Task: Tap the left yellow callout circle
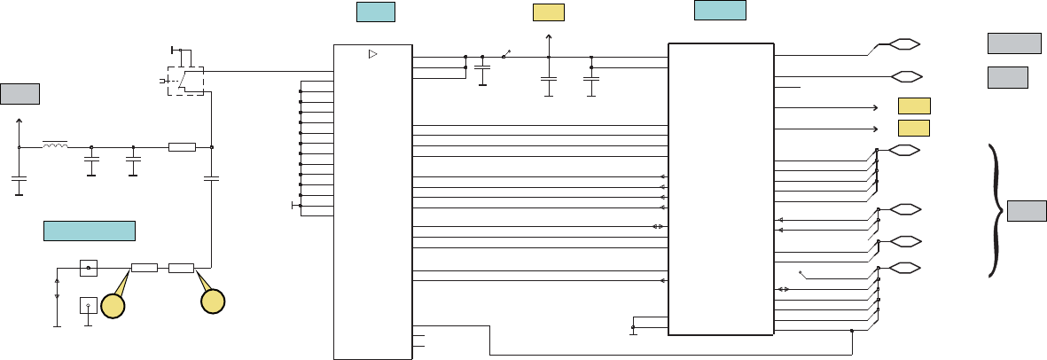click(x=113, y=306)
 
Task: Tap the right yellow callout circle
click(x=213, y=301)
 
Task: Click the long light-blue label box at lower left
click(x=90, y=231)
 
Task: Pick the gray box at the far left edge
click(x=20, y=92)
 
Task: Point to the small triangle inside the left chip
click(x=372, y=55)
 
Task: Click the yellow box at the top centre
click(x=549, y=12)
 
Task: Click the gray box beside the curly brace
click(x=1027, y=211)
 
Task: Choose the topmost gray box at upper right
click(x=1014, y=43)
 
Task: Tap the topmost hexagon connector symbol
click(x=903, y=43)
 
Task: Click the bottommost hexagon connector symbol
click(x=903, y=268)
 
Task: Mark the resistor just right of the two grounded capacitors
click(x=182, y=146)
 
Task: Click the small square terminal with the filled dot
click(x=88, y=267)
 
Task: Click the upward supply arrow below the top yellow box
click(x=549, y=38)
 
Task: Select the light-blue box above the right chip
click(x=720, y=10)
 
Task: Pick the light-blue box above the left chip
click(x=375, y=12)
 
